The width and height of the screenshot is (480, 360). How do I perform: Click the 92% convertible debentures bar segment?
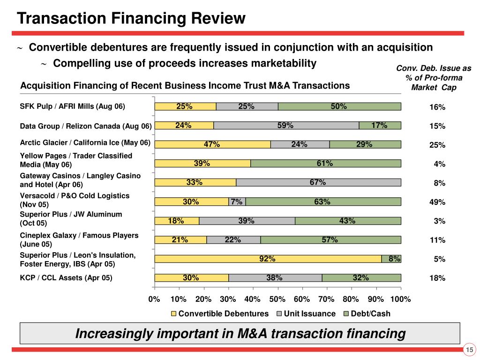tap(268, 259)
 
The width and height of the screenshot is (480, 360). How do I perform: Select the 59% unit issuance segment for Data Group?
tap(286, 126)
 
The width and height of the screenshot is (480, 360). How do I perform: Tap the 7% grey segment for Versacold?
tap(237, 202)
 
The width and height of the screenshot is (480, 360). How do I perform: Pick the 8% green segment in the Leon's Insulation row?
tap(391, 259)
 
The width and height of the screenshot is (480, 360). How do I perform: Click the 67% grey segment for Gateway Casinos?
tap(318, 182)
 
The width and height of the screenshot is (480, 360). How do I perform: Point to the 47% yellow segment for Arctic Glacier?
tap(213, 144)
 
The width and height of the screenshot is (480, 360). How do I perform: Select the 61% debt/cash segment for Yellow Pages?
tap(326, 164)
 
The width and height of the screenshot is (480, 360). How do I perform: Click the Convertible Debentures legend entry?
tap(219, 314)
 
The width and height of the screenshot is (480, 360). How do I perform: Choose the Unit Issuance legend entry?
tap(306, 314)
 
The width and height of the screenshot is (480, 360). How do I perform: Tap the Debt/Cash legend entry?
tap(367, 314)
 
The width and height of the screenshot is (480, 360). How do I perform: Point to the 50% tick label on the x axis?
tap(277, 299)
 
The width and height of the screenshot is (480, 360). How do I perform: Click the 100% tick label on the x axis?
tap(401, 299)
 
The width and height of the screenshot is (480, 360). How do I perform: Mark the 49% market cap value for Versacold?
tap(437, 202)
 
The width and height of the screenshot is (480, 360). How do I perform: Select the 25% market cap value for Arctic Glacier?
tap(437, 145)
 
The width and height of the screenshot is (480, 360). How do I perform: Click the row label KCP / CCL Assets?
tap(66, 277)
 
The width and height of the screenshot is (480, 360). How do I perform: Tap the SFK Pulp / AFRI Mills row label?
tap(73, 106)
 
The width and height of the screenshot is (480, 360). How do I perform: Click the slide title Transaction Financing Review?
tap(131, 18)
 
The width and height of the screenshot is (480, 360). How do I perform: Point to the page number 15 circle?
tap(470, 350)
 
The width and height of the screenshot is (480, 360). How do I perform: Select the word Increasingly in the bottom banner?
tap(114, 334)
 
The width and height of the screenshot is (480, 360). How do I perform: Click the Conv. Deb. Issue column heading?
tap(434, 78)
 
